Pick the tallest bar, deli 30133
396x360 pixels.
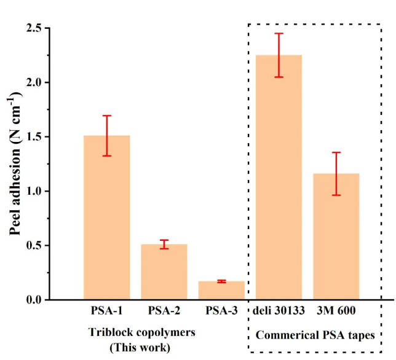point(279,184)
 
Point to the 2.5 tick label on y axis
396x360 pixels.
point(33,28)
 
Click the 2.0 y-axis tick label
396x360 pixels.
point(33,82)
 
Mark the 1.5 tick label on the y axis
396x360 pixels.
point(33,137)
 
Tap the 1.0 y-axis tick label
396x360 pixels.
point(33,191)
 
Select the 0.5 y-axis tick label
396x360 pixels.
point(33,246)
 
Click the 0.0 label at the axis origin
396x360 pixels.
point(33,300)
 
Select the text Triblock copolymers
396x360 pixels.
point(142,332)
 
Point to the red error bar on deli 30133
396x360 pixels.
point(279,55)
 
